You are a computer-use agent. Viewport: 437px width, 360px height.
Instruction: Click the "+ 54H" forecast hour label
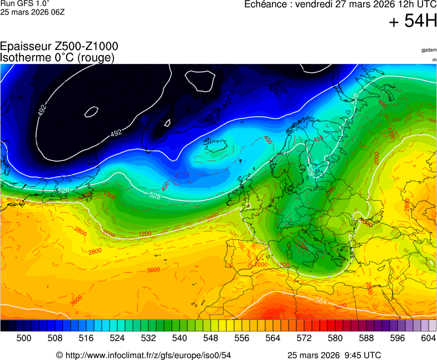point(413,22)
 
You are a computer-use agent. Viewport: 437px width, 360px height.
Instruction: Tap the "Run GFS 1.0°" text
point(22,3)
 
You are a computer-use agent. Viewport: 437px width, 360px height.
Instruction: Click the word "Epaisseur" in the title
point(26,47)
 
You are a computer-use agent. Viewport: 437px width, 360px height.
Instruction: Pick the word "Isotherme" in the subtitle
point(24,57)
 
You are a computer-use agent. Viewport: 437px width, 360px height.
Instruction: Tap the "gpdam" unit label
point(429,50)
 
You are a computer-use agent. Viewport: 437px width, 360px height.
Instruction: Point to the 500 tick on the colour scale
point(23,337)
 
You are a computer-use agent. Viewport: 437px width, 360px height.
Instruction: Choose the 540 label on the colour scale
point(179,337)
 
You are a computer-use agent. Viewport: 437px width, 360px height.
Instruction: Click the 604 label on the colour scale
point(428,337)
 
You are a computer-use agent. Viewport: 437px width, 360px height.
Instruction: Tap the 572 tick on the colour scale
point(304,337)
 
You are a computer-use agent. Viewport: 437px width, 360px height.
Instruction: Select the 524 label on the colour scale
point(117,337)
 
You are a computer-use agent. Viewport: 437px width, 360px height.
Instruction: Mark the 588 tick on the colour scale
point(366,337)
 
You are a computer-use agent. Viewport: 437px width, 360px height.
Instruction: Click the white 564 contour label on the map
point(321,301)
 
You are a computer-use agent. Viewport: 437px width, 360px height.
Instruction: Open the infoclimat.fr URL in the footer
point(147,355)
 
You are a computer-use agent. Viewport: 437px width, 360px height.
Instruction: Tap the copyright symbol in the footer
point(59,355)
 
